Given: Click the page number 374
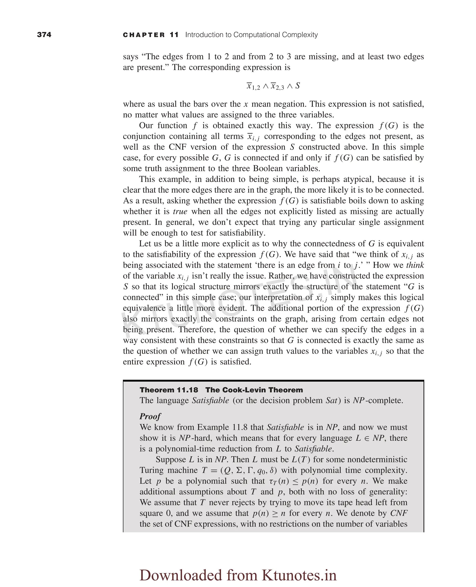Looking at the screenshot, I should point(44,35).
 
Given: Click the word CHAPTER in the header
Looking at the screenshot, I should point(144,35).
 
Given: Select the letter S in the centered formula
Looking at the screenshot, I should point(297,86).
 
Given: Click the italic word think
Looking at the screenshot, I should point(415,265).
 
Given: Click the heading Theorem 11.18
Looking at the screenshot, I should point(169,390).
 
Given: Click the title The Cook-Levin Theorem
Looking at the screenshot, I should point(254,390).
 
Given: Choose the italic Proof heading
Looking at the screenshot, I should point(150,416).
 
